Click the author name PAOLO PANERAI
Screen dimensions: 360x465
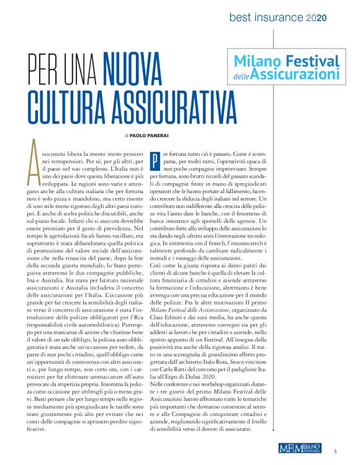(x=149, y=134)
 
